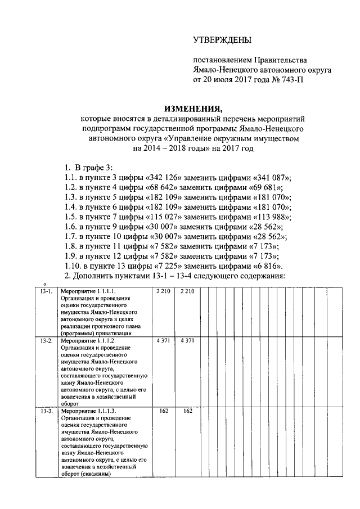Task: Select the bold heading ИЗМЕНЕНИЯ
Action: coord(193,109)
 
